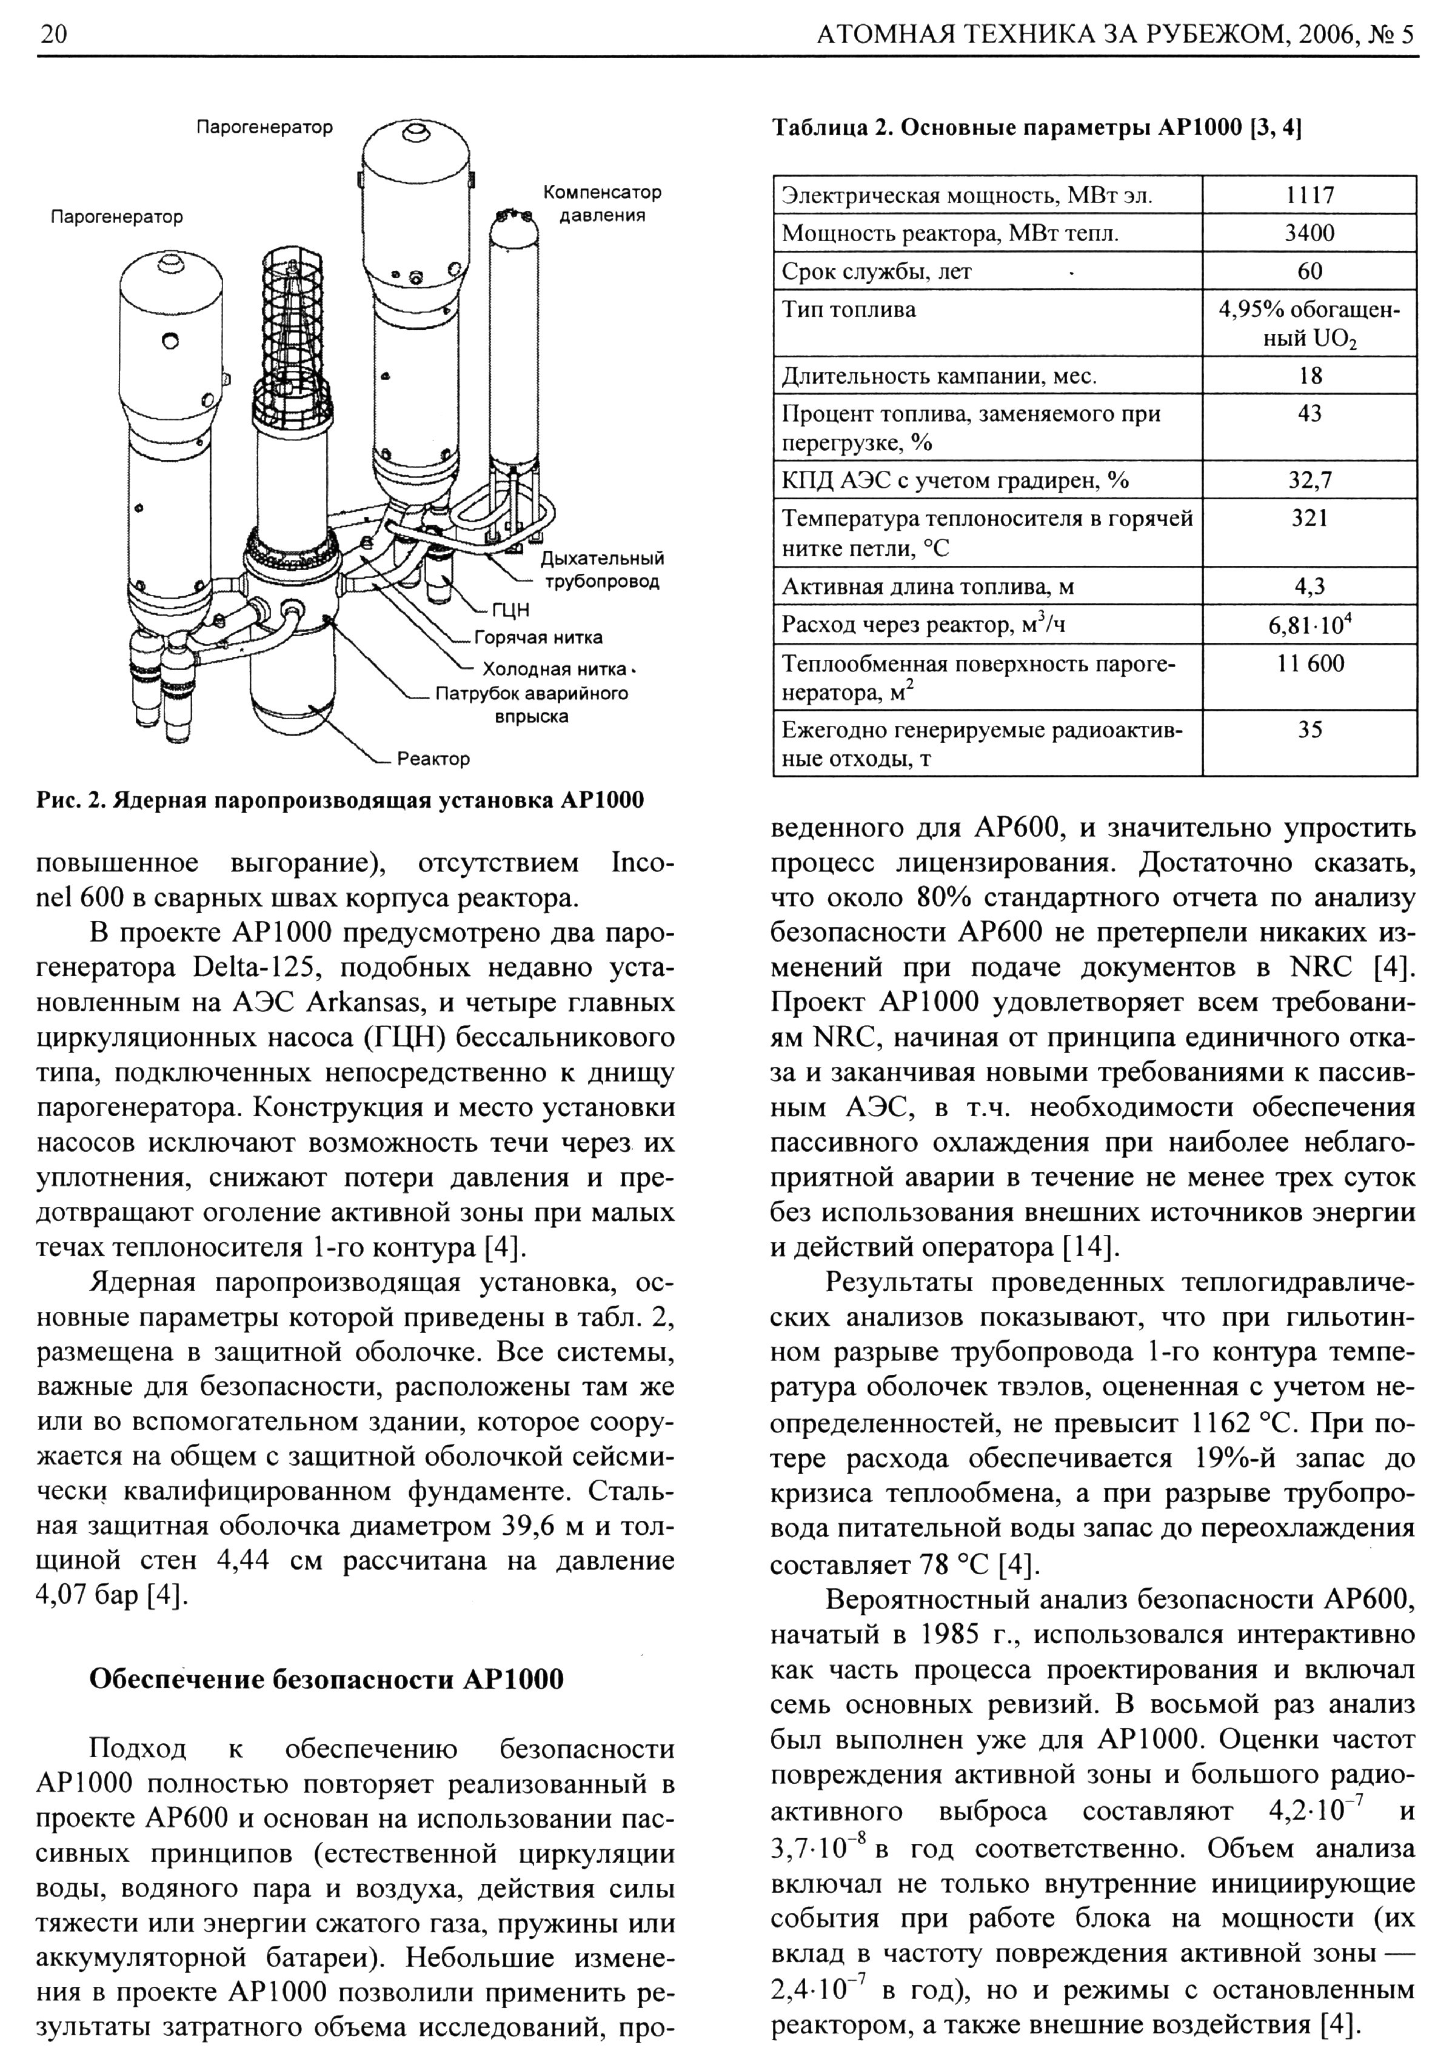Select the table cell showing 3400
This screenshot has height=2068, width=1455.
point(1309,233)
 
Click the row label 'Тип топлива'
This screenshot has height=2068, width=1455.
point(849,310)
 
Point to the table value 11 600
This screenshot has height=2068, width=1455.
point(1309,664)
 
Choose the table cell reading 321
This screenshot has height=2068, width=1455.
point(1309,518)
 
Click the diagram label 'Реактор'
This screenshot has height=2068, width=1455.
point(433,759)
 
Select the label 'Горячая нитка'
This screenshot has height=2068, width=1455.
point(538,637)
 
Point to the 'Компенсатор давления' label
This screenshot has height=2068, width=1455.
point(602,204)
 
